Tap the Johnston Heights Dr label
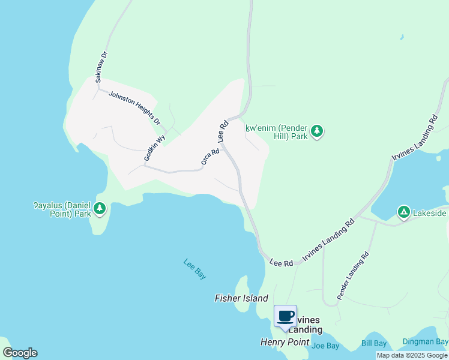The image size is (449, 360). tap(134, 107)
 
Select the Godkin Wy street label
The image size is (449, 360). tap(154, 147)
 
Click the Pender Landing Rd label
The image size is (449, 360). tap(352, 277)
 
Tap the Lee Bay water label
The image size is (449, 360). tap(195, 268)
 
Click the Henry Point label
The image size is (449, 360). tap(285, 342)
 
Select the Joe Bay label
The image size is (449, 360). tap(326, 346)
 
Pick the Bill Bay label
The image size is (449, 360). tap(374, 343)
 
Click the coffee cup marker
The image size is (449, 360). tap(286, 316)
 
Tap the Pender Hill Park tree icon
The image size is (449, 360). tap(317, 131)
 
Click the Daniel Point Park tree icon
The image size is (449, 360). tap(100, 209)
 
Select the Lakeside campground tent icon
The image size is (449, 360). tap(404, 212)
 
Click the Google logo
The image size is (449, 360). tap(20, 353)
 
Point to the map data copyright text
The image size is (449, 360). tap(412, 355)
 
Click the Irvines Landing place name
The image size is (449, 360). tap(309, 324)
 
